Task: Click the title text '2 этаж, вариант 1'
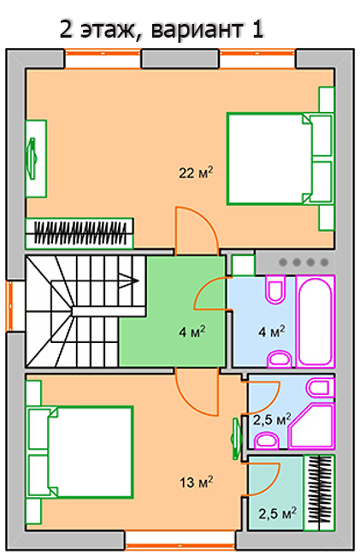point(162,29)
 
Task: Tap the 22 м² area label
point(196,173)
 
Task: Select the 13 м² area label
point(197,482)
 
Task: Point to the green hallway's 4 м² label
point(192,332)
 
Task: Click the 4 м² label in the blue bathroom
point(272,332)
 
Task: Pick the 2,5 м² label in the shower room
point(272,419)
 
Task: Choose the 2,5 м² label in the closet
point(277,513)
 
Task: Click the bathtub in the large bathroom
point(316,322)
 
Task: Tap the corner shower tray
point(312,426)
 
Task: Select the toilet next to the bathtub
point(275,290)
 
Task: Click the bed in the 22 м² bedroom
point(280,158)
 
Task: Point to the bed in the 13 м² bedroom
point(80,452)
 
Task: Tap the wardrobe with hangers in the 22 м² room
point(80,233)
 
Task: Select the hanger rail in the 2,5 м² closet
point(320,493)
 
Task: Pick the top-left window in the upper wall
point(103,58)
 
